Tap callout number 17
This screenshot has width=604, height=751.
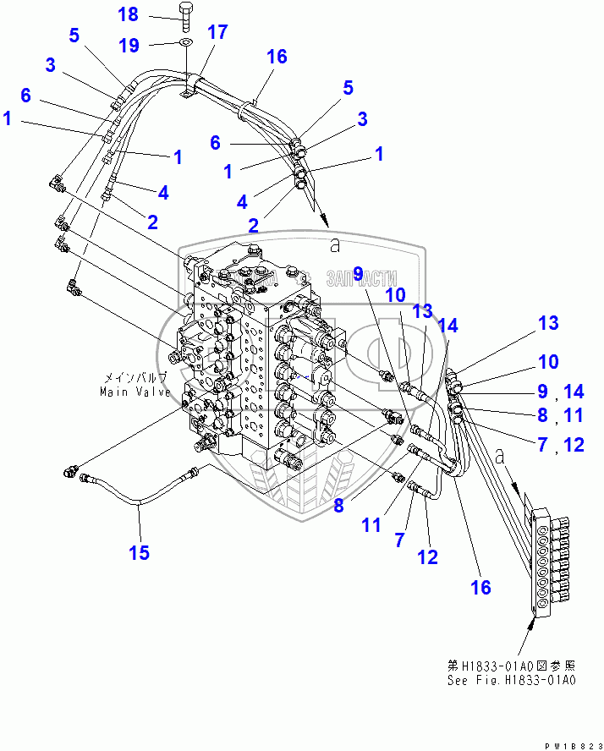tap(217, 33)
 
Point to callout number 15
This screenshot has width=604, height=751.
tap(139, 552)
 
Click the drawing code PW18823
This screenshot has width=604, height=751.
tap(571, 743)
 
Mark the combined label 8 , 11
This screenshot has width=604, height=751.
tap(562, 416)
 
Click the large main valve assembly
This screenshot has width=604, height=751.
tap(258, 355)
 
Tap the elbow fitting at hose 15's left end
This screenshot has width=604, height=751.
tap(71, 471)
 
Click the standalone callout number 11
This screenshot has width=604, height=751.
tap(371, 524)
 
